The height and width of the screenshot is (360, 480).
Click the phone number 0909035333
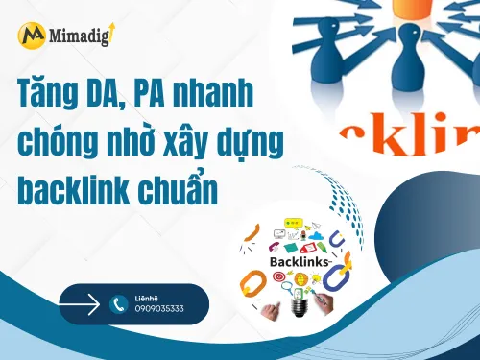(159, 309)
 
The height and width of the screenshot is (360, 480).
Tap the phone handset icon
(119, 304)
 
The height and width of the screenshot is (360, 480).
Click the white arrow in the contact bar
(81, 304)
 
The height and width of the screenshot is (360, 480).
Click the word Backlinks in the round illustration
(298, 260)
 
